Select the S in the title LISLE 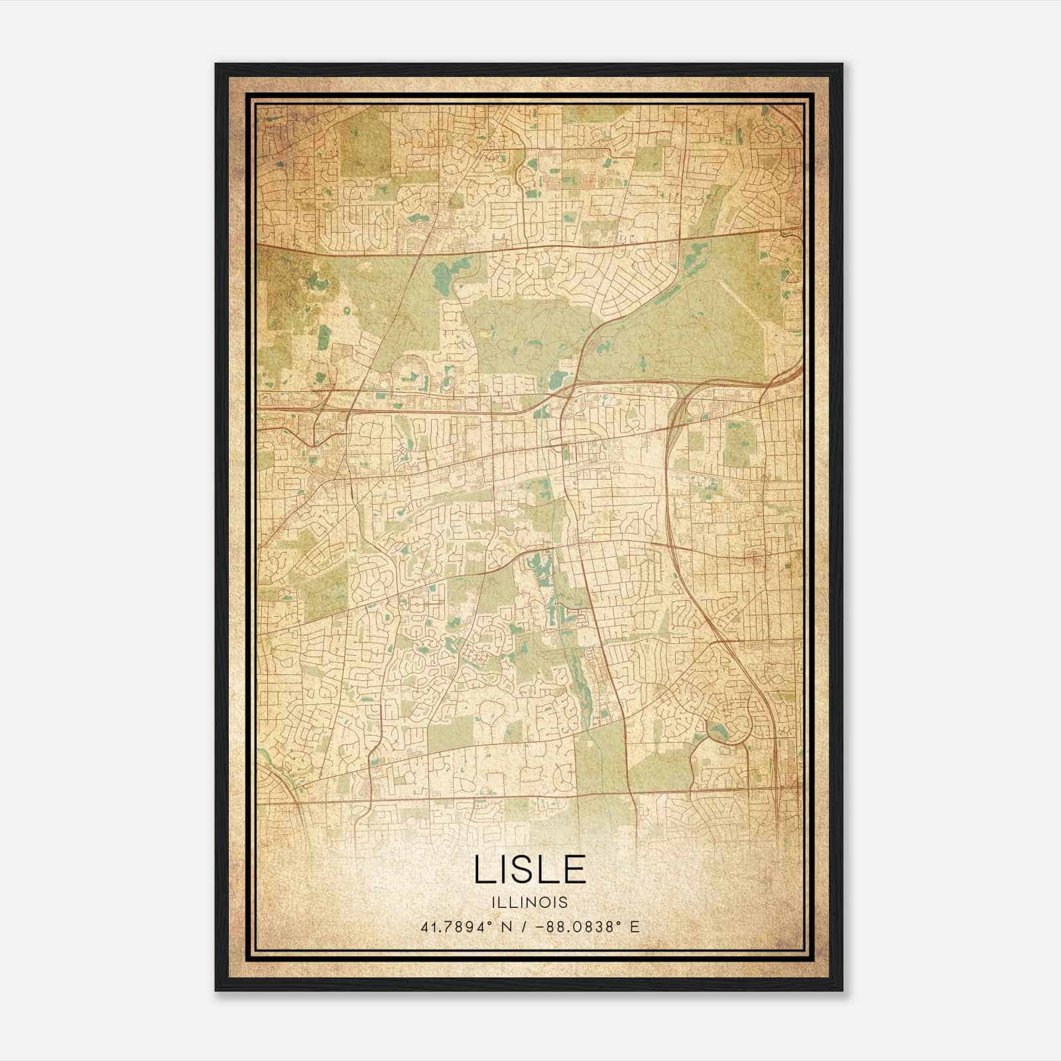(527, 869)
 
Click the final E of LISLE (576, 869)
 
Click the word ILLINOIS (530, 903)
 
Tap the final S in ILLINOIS (564, 903)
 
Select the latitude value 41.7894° (450, 926)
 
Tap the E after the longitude (635, 926)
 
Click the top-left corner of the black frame (216, 64)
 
